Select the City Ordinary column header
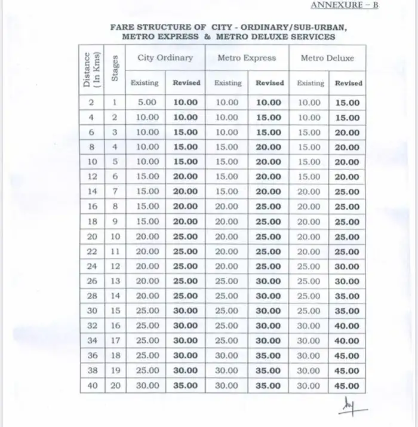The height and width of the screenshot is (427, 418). point(165,58)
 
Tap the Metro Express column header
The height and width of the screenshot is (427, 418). point(247,58)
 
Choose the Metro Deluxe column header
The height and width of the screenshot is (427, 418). point(327,58)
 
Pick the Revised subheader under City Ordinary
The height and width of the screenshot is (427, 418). point(186,83)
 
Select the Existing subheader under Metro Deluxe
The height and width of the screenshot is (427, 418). point(310,83)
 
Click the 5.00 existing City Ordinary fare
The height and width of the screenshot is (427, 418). point(147,103)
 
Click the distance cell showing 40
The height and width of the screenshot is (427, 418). point(92,386)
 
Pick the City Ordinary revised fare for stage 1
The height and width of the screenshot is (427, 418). point(186,103)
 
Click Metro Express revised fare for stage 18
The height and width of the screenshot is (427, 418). point(268,356)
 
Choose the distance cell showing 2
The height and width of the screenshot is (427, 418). point(92,103)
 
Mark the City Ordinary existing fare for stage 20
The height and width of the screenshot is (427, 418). point(147,386)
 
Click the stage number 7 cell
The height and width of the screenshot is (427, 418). point(115,192)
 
